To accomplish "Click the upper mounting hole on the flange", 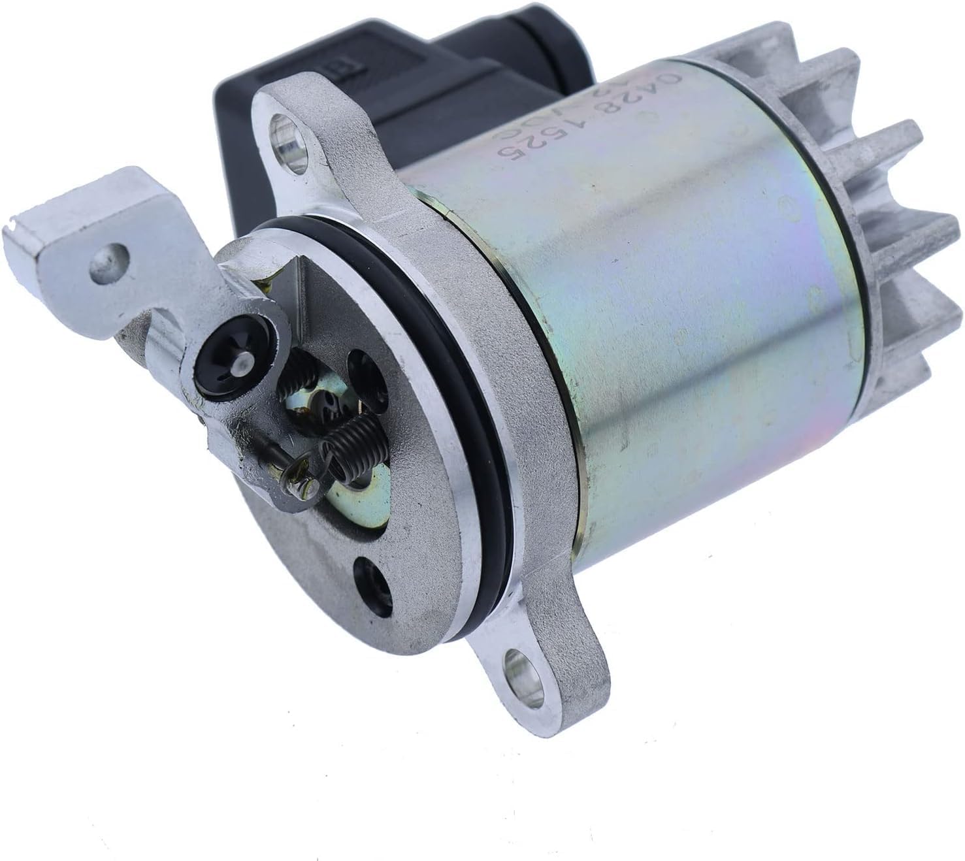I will (x=282, y=123).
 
